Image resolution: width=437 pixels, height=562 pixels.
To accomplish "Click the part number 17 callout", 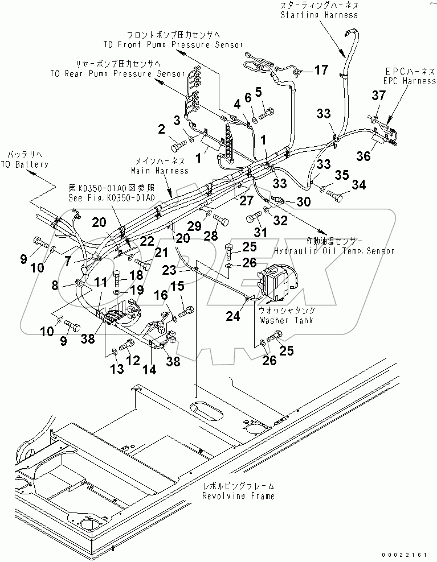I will pos(321,70).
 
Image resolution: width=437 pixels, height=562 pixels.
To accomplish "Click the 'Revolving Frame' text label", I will pos(238,495).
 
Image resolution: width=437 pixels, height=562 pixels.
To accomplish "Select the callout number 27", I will pos(246,200).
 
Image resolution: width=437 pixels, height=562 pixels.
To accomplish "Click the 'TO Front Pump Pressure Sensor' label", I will pos(173,44).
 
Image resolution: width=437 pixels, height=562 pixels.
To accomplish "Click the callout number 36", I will pos(364,156).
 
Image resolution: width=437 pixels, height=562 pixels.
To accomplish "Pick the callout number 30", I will pos(304,201).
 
